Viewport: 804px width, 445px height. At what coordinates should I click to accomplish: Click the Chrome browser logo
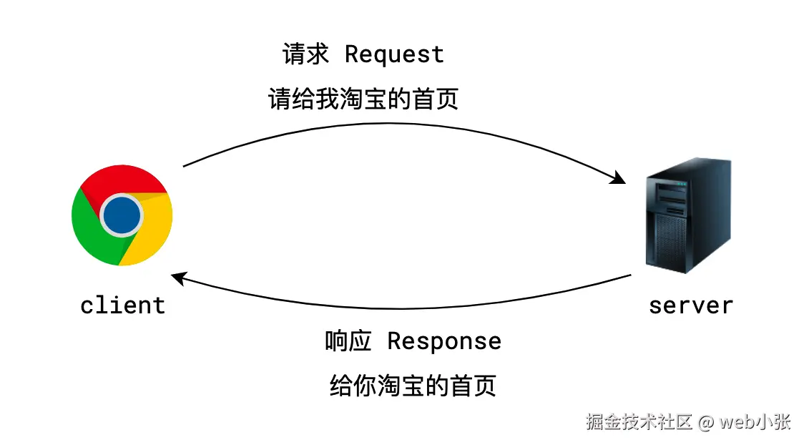[x=122, y=215]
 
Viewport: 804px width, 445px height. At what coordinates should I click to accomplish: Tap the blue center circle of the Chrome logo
[x=121, y=215]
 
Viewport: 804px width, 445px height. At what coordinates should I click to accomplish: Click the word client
[x=123, y=305]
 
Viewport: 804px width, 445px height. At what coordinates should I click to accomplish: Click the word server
[x=690, y=305]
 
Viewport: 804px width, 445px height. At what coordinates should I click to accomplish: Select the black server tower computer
[x=687, y=215]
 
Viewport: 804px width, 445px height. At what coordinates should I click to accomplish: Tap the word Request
[x=394, y=55]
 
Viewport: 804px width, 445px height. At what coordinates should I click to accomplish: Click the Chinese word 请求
[x=306, y=55]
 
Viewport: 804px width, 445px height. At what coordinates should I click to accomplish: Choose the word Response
[x=443, y=341]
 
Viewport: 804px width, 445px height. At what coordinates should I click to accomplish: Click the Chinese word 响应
[x=348, y=341]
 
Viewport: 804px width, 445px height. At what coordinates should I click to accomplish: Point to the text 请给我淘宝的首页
[x=363, y=99]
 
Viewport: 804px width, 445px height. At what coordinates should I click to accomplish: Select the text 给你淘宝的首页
[x=413, y=386]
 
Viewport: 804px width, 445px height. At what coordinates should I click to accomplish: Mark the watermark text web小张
[x=755, y=422]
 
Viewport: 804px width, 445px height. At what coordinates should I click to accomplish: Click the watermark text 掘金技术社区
[x=639, y=422]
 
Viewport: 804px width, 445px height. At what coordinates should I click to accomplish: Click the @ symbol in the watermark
[x=706, y=422]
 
